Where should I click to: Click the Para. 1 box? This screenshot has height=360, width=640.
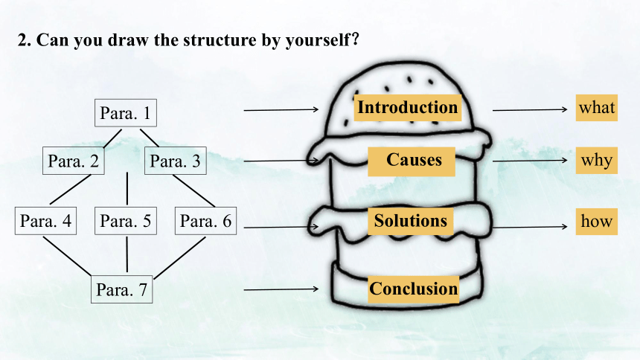click(125, 113)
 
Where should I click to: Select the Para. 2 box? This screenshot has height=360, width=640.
click(74, 161)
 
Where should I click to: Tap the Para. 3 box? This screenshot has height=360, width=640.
click(176, 161)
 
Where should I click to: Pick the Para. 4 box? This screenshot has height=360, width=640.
click(45, 221)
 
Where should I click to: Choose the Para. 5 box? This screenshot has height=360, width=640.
click(126, 221)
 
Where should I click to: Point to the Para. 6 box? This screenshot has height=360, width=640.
click(205, 221)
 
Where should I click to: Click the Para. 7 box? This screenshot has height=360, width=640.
click(121, 289)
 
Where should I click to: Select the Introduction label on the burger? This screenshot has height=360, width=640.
click(407, 108)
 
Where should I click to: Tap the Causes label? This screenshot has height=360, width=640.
click(412, 161)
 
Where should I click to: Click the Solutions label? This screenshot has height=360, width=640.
click(411, 221)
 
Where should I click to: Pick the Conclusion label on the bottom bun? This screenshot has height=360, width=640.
click(414, 289)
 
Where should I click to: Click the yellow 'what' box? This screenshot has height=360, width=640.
click(597, 108)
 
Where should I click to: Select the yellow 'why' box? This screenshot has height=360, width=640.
click(597, 161)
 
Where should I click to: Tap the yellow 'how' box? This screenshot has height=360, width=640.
click(597, 221)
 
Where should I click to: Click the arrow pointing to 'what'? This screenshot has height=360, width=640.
click(530, 110)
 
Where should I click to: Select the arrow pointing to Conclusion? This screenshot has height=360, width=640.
click(281, 289)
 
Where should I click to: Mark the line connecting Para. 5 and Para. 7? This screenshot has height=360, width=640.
click(127, 254)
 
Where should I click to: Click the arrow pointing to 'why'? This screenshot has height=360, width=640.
click(530, 161)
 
